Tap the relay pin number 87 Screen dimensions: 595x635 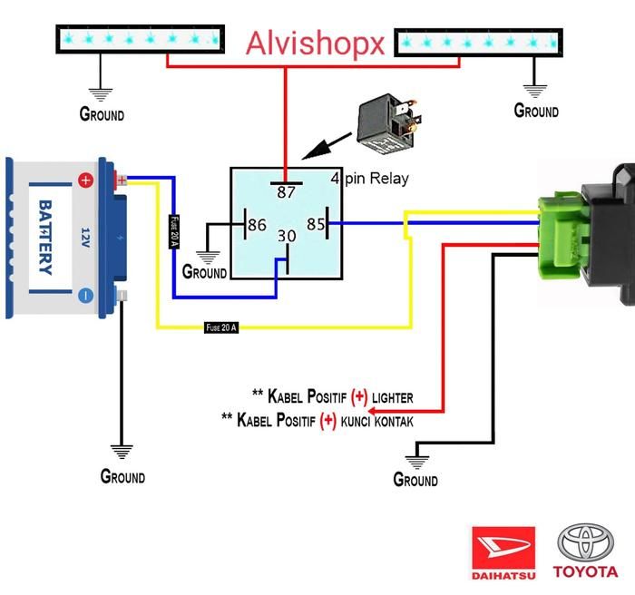click(x=287, y=191)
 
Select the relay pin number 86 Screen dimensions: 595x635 click(x=257, y=225)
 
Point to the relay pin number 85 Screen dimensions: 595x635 click(x=315, y=223)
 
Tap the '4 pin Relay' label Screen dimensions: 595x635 click(x=369, y=179)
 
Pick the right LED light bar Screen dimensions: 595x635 click(x=478, y=41)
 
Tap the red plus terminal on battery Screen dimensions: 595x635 click(x=85, y=180)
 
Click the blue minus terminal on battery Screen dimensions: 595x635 click(x=85, y=295)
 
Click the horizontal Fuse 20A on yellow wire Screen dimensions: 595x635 click(x=221, y=327)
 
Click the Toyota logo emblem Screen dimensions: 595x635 click(x=585, y=542)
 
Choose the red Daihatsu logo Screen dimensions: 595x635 click(x=503, y=547)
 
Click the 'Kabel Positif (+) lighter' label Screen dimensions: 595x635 click(x=333, y=396)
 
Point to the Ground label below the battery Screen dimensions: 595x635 click(x=122, y=476)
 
